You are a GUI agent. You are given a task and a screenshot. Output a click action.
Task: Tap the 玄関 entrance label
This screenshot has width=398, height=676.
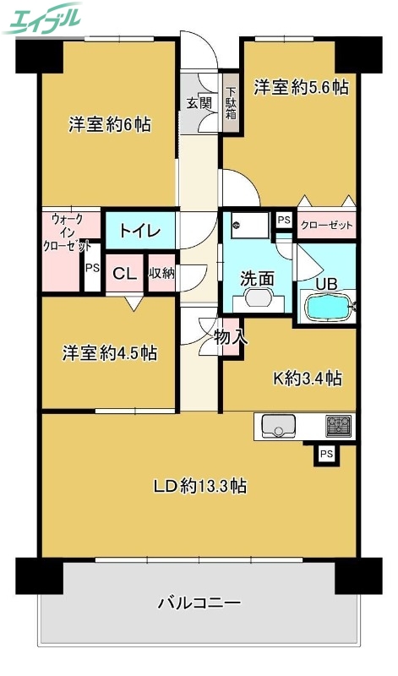point(199,104)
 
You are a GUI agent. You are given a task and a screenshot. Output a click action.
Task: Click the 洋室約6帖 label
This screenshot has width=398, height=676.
point(110,125)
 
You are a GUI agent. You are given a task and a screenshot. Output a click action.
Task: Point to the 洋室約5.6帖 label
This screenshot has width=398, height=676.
point(302,86)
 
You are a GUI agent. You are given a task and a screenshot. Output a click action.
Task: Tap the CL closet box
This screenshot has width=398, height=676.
point(125,274)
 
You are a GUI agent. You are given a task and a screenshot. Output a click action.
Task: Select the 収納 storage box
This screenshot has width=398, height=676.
point(161,274)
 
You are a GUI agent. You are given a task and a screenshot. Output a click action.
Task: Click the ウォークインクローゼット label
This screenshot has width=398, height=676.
point(70,232)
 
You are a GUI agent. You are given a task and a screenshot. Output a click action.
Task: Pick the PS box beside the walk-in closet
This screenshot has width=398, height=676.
point(92,269)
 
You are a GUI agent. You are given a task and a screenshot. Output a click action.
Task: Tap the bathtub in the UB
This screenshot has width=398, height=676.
point(326,307)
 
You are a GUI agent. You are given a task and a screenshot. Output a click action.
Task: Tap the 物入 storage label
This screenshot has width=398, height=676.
point(231,337)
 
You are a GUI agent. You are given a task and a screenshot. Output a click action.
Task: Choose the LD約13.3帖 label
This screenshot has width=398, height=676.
point(199,486)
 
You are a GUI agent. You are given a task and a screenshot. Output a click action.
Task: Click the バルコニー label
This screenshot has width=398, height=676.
point(199,603)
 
